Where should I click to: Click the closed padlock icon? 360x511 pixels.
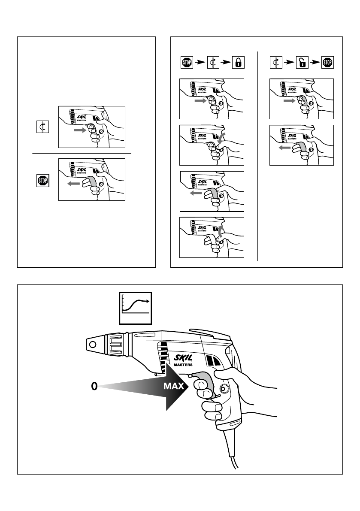pos(238,63)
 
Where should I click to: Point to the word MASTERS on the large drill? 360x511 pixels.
pos(183,365)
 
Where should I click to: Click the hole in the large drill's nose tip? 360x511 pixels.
pos(91,343)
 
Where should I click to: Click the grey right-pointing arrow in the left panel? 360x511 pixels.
pos(80,129)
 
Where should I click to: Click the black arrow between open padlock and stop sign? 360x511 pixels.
pos(315,63)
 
